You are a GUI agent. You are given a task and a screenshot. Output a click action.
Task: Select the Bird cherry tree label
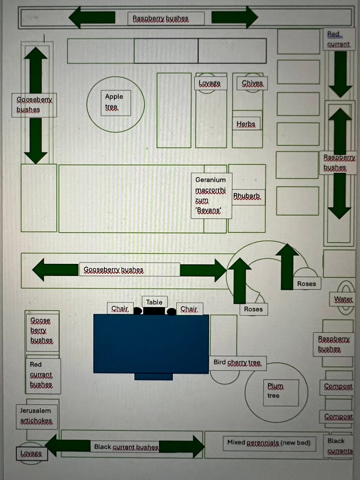click(x=237, y=363)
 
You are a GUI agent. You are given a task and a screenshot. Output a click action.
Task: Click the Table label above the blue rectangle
click(x=154, y=302)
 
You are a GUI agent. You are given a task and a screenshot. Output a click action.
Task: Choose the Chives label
click(x=252, y=83)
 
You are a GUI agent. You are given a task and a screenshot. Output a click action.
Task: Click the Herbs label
click(x=246, y=124)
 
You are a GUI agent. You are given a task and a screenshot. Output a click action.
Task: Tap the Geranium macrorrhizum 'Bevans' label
click(x=211, y=195)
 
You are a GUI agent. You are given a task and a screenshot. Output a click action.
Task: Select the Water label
click(x=343, y=299)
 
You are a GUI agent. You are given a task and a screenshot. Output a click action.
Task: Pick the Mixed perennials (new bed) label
click(x=269, y=442)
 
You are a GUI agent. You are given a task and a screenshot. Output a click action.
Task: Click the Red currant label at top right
click(x=338, y=39)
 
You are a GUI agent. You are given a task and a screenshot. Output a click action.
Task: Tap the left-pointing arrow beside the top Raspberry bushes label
click(x=92, y=17)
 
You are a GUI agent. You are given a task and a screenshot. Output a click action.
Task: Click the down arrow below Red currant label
click(x=340, y=74)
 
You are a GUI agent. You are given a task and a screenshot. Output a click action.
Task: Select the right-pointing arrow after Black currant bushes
click(x=183, y=446)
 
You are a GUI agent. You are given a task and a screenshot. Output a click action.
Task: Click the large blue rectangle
click(x=151, y=343)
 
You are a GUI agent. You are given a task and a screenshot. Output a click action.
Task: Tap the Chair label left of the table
click(x=120, y=308)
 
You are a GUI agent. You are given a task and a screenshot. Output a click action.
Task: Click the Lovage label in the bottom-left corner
click(x=31, y=454)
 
